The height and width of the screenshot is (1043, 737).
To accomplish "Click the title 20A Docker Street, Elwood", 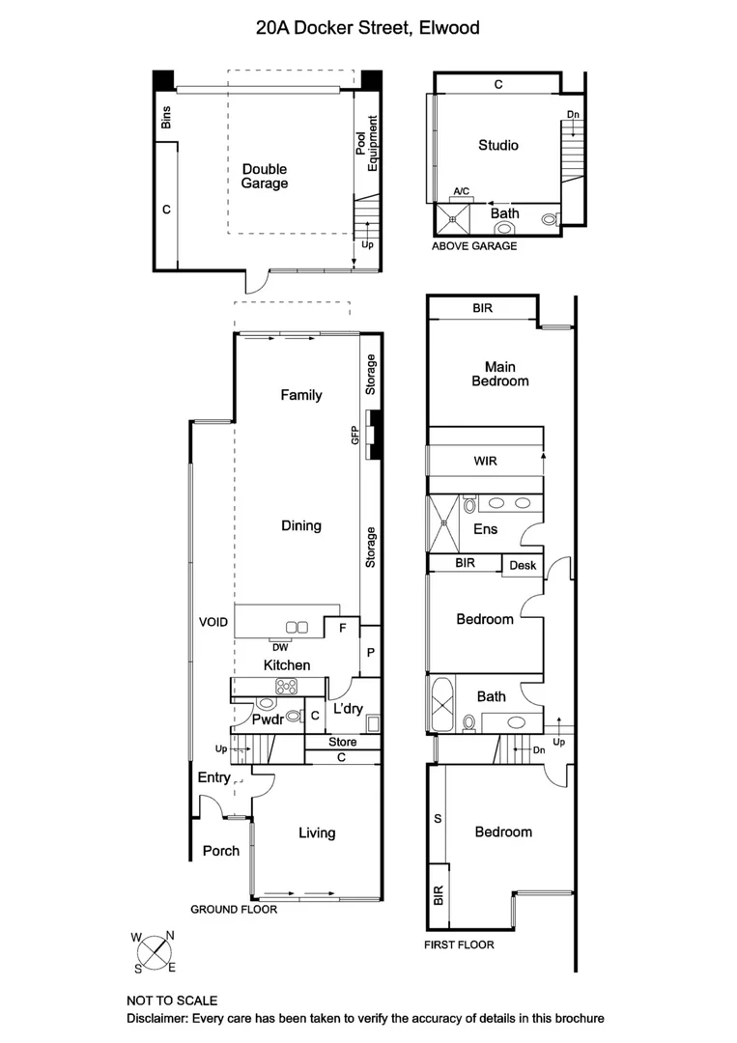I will click(x=367, y=28).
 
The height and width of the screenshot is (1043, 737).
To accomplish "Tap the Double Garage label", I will click(x=265, y=176).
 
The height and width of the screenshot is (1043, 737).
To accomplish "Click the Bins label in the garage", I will click(x=166, y=119).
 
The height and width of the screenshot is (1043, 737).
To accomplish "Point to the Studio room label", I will click(x=498, y=145).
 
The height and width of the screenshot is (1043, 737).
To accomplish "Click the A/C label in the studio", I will click(x=462, y=191).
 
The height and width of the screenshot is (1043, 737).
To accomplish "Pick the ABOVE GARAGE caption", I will click(x=474, y=246).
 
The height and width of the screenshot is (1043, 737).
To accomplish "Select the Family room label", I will click(x=300, y=395).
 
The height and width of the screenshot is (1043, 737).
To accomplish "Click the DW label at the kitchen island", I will click(x=281, y=647).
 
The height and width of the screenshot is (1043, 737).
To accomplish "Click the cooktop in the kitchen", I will click(x=288, y=687).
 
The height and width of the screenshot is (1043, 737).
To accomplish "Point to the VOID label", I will click(x=213, y=623).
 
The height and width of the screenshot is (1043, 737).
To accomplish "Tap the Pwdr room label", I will click(x=267, y=719).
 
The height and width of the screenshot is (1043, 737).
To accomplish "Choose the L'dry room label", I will click(x=347, y=709).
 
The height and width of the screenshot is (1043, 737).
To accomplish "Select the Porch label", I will click(x=220, y=851).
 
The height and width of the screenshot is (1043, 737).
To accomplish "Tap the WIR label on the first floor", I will click(x=485, y=462).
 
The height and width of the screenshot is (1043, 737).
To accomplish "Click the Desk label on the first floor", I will click(x=522, y=566).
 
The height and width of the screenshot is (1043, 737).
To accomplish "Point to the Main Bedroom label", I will click(x=499, y=374).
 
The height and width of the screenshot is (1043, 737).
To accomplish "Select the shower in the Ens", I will click(x=445, y=521).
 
